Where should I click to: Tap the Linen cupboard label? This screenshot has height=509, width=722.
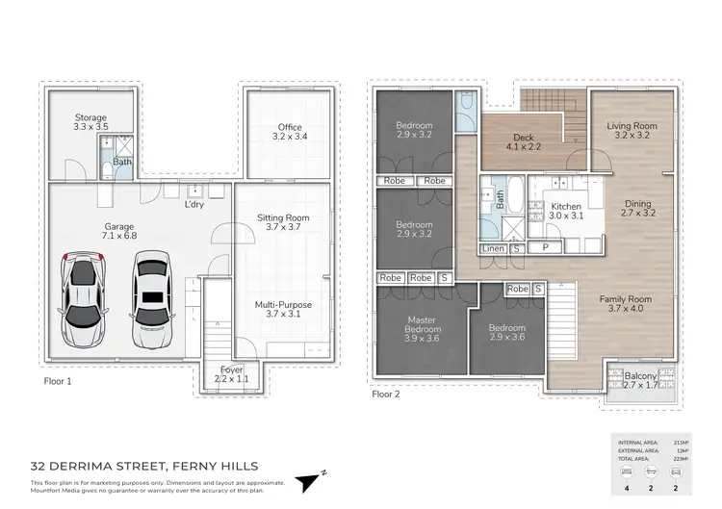tap(493, 249)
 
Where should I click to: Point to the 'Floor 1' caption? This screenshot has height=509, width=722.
tap(58, 381)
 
